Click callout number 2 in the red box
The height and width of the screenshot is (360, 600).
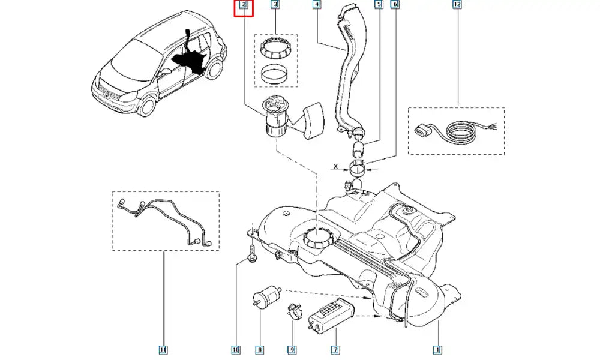244,5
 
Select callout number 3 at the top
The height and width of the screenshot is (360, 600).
275,5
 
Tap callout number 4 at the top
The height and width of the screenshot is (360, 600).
317,5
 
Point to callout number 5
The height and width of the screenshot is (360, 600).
379,5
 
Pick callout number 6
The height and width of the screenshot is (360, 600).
394,5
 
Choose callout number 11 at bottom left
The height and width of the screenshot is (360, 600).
163,349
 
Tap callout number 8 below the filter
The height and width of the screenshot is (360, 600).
260,349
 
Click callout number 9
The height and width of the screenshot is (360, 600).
292,349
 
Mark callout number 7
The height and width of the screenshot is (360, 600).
335,349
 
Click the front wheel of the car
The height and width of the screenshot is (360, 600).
145,109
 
